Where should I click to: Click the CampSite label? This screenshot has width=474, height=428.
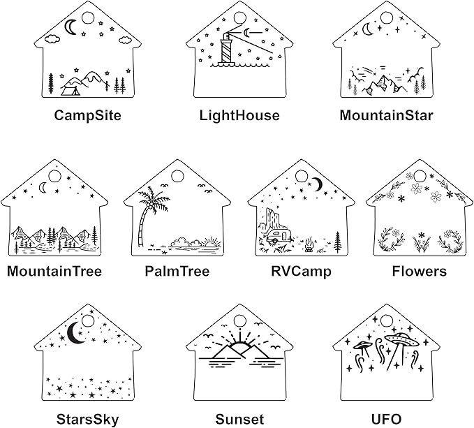pos(87,115)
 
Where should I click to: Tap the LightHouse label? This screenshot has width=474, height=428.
pos(239,115)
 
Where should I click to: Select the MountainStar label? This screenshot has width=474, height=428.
pos(386,115)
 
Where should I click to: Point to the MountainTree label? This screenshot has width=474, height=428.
pos(54,271)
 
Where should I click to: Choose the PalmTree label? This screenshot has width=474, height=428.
pos(177,271)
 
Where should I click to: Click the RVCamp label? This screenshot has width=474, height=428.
pos(301,271)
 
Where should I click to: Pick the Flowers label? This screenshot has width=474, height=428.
pos(419,271)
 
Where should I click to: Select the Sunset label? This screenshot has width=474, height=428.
pos(239,419)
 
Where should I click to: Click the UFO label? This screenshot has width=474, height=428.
pos(386,419)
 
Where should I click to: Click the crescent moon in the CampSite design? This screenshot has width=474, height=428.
pos(71,27)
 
